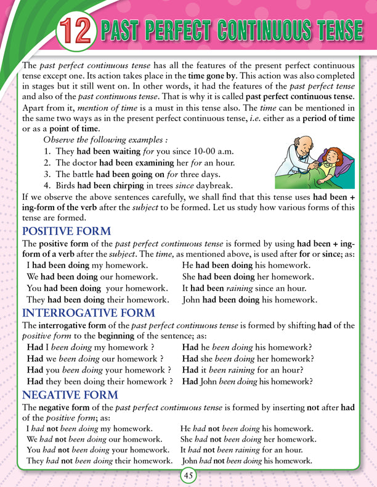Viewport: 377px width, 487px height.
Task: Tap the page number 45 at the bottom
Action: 188,474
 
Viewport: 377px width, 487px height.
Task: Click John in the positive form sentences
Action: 194,300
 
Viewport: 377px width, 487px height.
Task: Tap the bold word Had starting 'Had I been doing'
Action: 35,346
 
